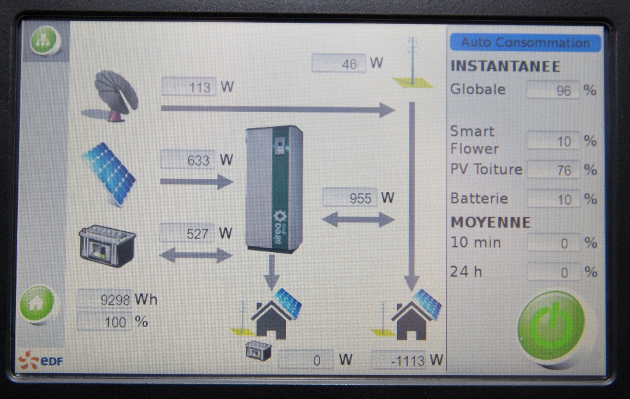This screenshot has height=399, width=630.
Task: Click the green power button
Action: [x=551, y=325]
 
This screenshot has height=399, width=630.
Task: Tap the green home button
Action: [x=36, y=303]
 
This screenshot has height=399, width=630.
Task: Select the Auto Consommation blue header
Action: [x=525, y=42]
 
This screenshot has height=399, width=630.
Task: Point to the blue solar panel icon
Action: [x=109, y=173]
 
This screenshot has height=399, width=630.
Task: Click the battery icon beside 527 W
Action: [x=107, y=245]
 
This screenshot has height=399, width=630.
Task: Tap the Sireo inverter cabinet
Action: [x=274, y=188]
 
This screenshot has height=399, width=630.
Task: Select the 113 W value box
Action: [x=189, y=87]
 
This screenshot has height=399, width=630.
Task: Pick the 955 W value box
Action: [x=349, y=198]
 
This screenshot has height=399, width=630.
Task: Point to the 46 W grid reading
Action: [x=338, y=63]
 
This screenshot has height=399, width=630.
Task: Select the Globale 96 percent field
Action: [x=553, y=90]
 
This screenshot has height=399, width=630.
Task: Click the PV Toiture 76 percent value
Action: [x=553, y=170]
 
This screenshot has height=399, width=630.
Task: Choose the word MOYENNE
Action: [x=490, y=222]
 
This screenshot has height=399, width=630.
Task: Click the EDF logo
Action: [x=41, y=361]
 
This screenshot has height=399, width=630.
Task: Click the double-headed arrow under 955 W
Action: [x=358, y=219]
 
